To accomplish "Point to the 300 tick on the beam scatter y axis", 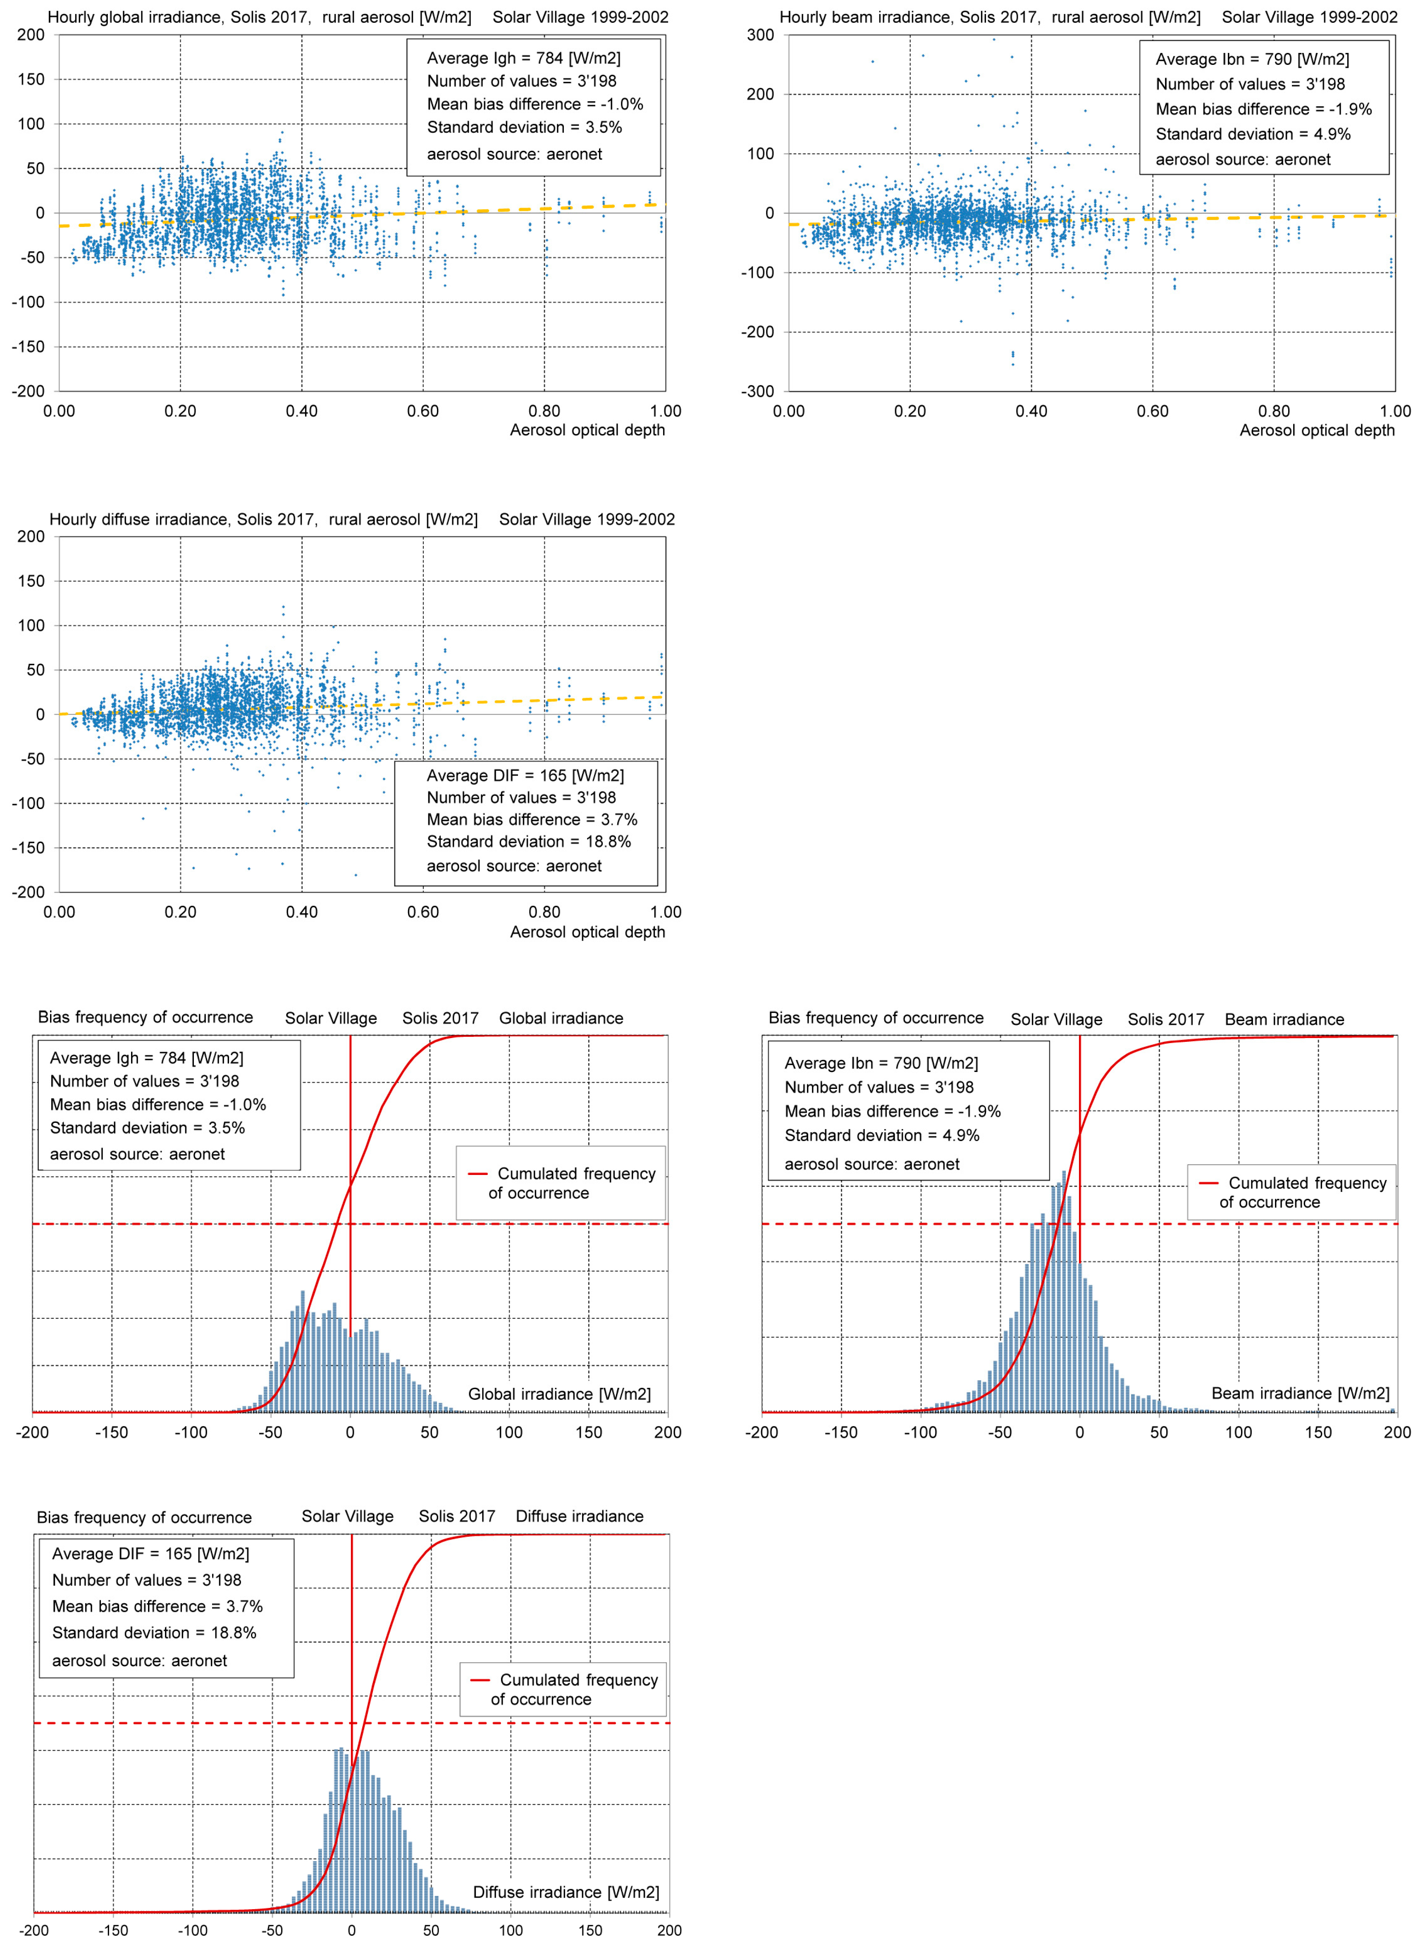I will tap(760, 35).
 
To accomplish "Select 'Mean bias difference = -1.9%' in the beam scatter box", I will tap(1263, 109).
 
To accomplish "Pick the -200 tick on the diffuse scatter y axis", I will tap(29, 893).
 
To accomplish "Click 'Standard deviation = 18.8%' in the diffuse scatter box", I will tap(528, 842).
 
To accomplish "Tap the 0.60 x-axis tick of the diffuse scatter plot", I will tap(423, 912).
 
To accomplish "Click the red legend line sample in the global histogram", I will tap(477, 1173).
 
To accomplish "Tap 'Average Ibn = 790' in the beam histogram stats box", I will tap(880, 1063).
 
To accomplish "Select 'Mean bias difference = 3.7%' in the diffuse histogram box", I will tap(157, 1606).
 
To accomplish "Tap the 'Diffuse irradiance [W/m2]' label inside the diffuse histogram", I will tap(566, 1892).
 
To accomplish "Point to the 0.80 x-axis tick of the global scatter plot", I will tap(544, 411).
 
